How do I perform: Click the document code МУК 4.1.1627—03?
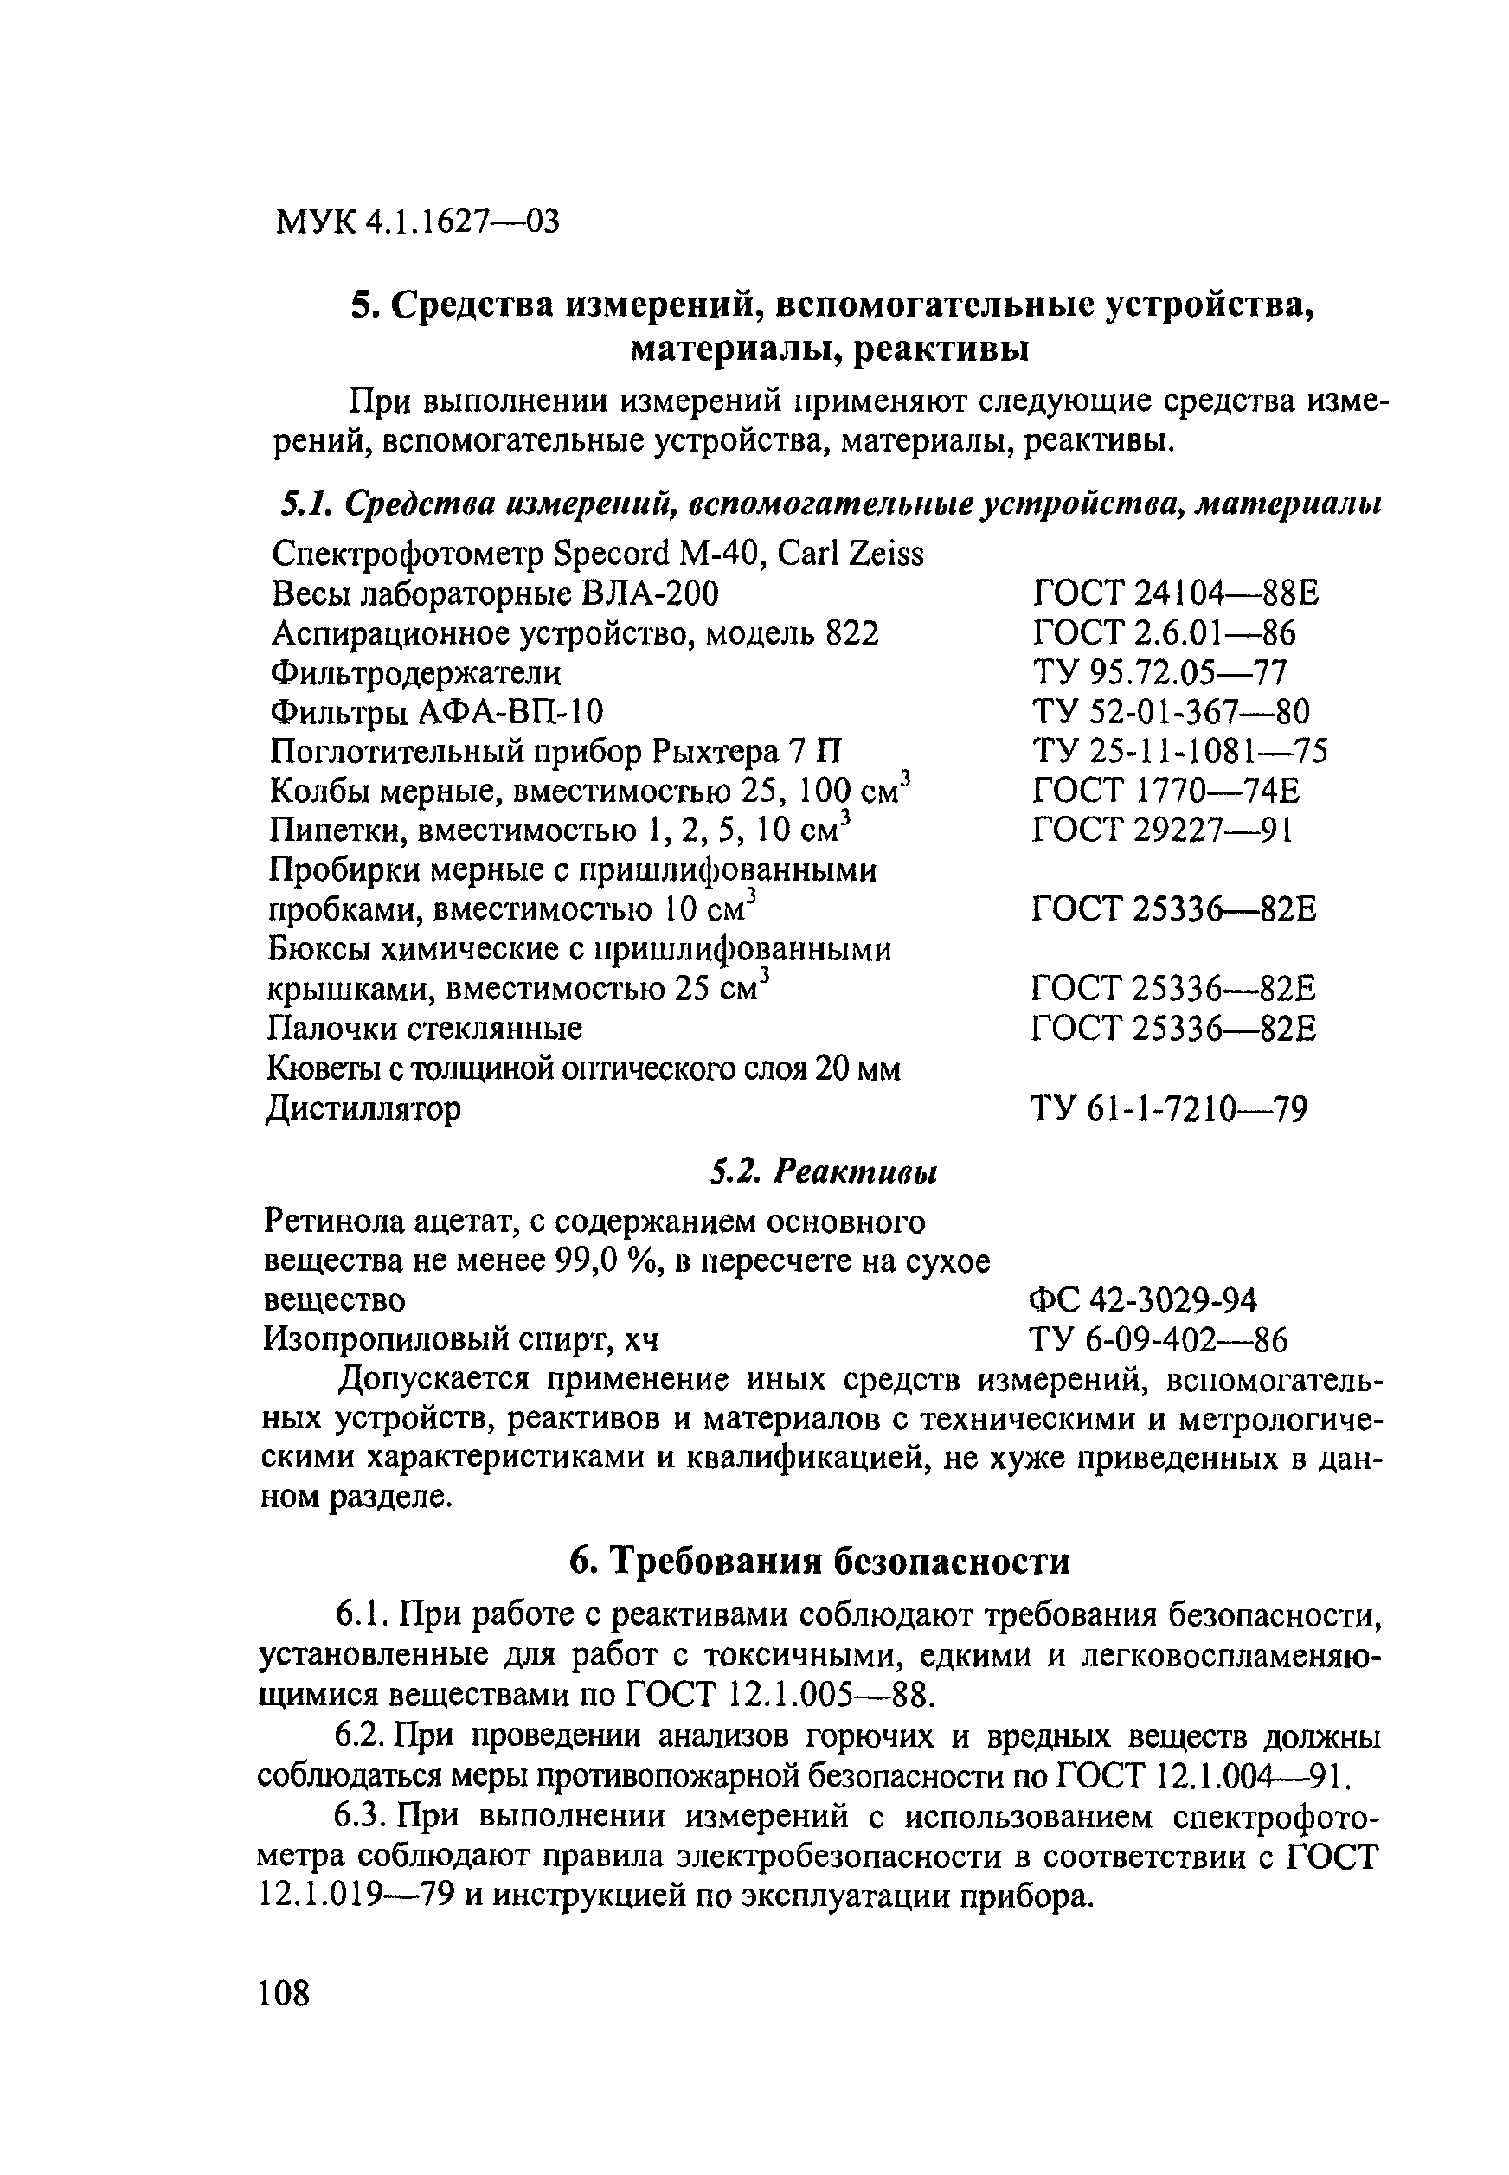417,223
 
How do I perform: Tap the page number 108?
284,1993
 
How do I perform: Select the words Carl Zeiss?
850,554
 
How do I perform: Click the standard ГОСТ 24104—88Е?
1175,593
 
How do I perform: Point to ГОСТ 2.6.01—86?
1164,633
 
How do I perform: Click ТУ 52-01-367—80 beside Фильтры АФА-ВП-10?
1172,712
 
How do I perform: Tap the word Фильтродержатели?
415,673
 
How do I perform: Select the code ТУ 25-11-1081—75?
1179,752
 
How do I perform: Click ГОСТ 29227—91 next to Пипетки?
1162,830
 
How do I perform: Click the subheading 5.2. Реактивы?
823,1173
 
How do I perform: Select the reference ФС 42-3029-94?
1142,1300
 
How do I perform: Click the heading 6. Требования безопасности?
819,1561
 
